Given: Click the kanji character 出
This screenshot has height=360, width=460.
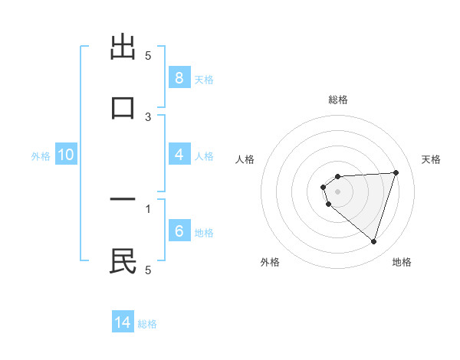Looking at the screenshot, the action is click(123, 47).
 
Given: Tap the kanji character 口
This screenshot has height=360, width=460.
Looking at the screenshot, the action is click(123, 107).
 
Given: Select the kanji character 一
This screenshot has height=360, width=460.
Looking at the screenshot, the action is click(123, 201).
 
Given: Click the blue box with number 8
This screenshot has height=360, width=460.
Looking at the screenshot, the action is click(179, 78).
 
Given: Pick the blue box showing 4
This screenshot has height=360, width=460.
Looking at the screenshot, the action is click(179, 155).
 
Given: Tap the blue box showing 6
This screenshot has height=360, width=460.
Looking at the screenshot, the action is click(179, 231).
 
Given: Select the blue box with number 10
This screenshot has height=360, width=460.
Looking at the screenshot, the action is click(66, 155).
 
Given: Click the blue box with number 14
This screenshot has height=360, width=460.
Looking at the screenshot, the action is click(123, 322).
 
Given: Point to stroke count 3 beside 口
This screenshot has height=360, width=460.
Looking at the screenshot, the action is click(149, 116).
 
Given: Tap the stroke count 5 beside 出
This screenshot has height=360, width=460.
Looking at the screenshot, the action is click(149, 56).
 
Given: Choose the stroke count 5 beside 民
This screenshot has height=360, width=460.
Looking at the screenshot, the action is click(148, 270).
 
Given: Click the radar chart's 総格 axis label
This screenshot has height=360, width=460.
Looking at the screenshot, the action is click(338, 100).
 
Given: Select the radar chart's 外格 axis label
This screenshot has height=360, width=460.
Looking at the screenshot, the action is click(270, 262).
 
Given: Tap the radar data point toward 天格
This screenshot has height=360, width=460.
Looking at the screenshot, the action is click(396, 172).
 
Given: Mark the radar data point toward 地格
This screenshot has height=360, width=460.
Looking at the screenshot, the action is click(373, 241).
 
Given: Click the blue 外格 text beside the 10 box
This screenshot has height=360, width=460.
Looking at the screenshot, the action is click(41, 155).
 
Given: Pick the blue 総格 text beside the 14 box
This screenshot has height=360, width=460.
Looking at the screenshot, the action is click(147, 323).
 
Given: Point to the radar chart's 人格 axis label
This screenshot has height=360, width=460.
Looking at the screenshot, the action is click(245, 159).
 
